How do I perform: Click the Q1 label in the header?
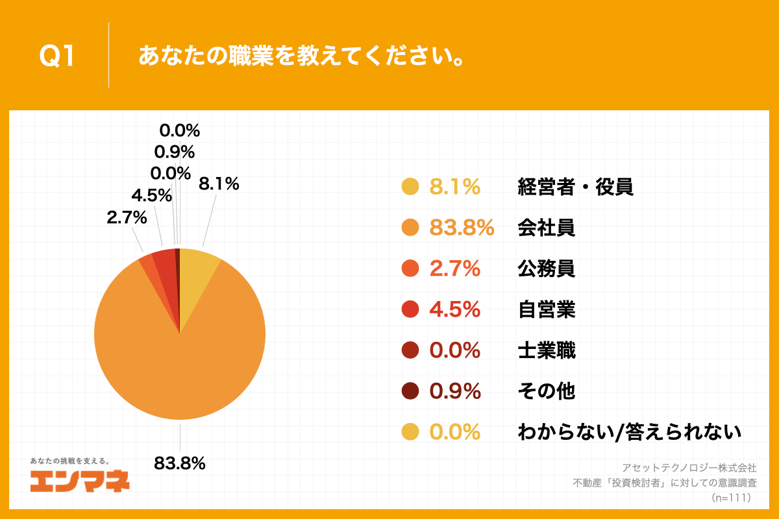click(58, 57)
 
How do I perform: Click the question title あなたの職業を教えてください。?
click(302, 57)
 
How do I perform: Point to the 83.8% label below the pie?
click(180, 463)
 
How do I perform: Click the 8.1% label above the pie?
click(219, 184)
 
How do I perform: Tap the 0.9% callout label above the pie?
click(174, 152)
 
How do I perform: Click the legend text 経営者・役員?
click(575, 187)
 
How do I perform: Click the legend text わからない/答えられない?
click(629, 432)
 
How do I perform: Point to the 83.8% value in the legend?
click(462, 228)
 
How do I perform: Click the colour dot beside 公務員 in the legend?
click(410, 269)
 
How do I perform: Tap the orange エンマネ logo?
click(80, 481)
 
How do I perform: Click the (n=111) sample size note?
click(731, 498)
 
